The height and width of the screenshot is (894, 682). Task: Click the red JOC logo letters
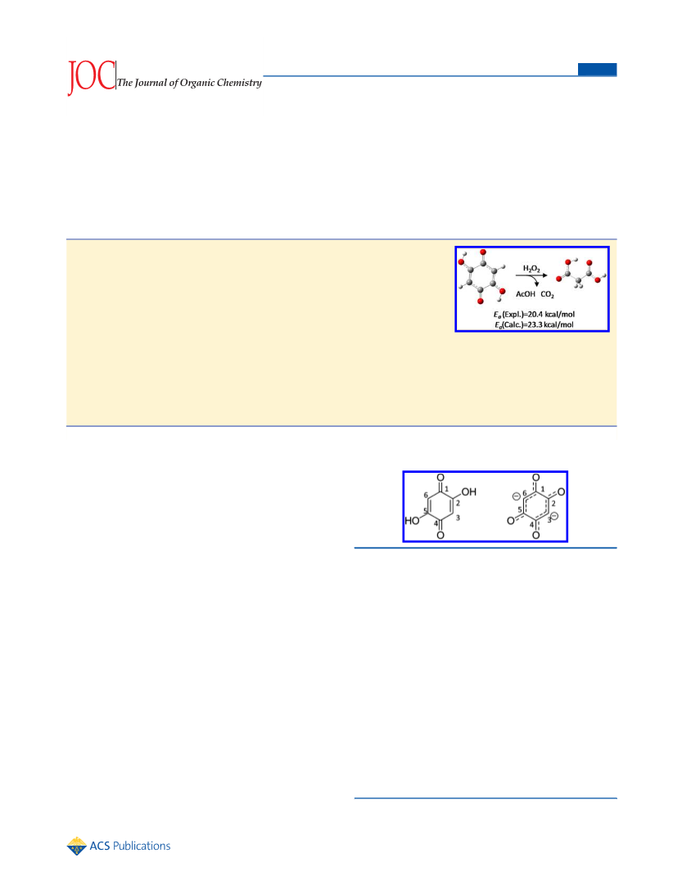pos(91,77)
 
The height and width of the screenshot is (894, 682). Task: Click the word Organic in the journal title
pos(197,84)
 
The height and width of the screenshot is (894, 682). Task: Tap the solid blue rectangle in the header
pos(597,70)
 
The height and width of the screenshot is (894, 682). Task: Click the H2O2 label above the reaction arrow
pos(531,269)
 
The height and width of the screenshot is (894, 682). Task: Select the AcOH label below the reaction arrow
pos(526,294)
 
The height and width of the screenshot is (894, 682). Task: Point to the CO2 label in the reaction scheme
pos(547,295)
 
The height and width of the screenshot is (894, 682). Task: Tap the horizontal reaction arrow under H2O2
pos(531,276)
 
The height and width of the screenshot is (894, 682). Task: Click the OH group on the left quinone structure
pos(469,492)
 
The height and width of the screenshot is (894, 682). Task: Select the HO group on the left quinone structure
pos(412,520)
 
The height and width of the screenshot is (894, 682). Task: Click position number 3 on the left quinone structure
pos(458,518)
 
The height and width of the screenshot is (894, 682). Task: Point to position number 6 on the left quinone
pos(426,496)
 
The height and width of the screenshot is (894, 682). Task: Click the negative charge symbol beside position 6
pos(516,496)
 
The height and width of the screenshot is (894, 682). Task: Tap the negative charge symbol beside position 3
pos(554,516)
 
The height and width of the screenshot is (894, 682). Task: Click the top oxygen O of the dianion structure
pos(535,478)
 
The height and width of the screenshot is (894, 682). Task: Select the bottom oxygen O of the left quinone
pos(440,535)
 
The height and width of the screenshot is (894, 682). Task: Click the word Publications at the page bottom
pos(142,846)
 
